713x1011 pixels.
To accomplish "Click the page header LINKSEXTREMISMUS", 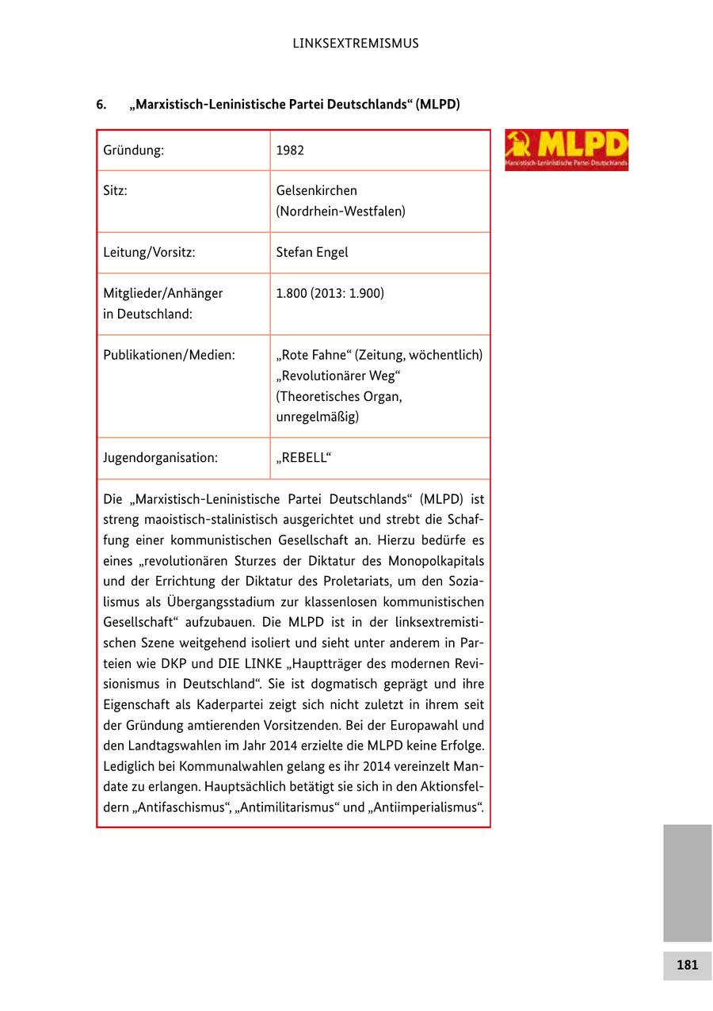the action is click(356, 44).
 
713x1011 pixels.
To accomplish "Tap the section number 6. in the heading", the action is click(101, 105).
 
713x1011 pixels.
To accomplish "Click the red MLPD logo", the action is click(566, 150).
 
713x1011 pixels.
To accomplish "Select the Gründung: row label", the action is click(133, 151).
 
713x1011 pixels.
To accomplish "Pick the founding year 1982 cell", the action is click(290, 151).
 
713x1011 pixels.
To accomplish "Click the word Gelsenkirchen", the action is click(317, 191).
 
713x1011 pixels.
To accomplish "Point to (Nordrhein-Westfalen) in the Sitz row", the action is click(341, 212).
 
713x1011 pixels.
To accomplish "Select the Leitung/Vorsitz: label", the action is click(149, 253).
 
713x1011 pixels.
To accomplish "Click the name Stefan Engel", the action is click(312, 253).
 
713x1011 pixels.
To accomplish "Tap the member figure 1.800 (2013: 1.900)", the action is click(330, 294).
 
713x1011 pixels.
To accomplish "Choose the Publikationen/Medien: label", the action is click(169, 355).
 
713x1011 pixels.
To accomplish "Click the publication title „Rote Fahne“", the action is click(316, 355).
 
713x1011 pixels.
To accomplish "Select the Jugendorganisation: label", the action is click(160, 458).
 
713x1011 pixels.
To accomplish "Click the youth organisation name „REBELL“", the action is click(304, 458).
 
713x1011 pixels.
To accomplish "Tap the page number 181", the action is click(687, 965).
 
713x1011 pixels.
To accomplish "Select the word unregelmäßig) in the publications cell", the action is click(317, 417).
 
